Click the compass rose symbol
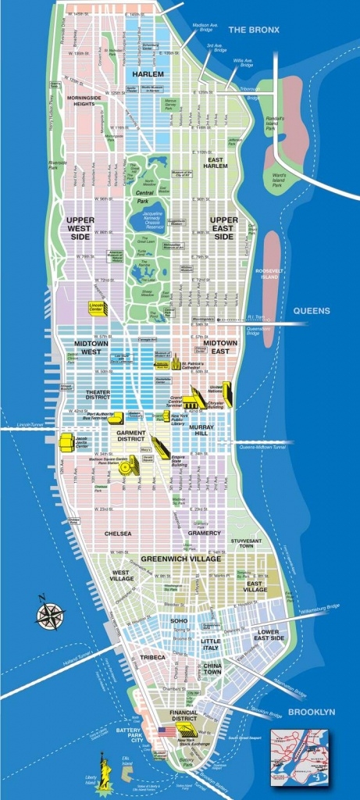[x=50, y=613]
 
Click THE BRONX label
[x=252, y=30]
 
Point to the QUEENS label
[x=312, y=311]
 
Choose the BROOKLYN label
[x=312, y=712]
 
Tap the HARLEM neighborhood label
[x=148, y=73]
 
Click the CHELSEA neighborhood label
[x=118, y=534]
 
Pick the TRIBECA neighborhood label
[x=153, y=658]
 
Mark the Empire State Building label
[x=184, y=464]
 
